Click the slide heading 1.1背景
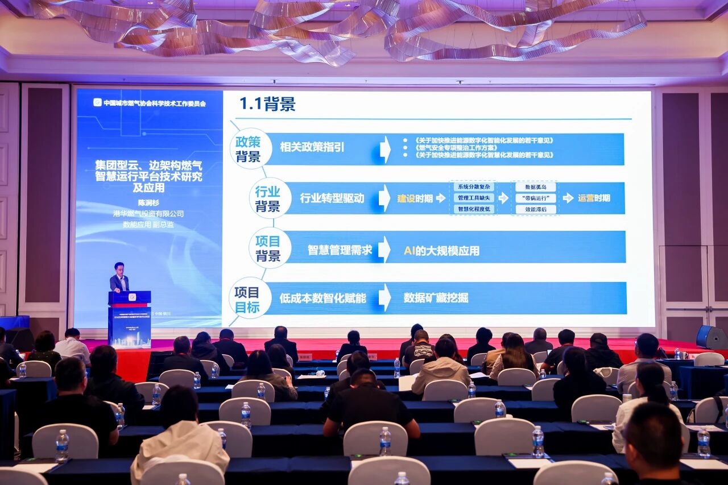click(x=267, y=104)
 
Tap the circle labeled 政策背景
click(x=248, y=149)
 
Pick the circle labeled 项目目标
click(x=247, y=300)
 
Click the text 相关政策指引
click(x=312, y=148)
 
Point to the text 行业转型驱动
click(x=332, y=198)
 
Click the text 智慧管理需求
click(x=340, y=250)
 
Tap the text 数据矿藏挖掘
click(x=436, y=297)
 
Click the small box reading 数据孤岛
click(x=535, y=187)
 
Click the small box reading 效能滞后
click(x=535, y=209)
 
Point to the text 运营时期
click(x=594, y=198)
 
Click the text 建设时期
click(x=415, y=198)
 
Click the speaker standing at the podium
click(x=119, y=278)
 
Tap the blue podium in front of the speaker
click(x=130, y=318)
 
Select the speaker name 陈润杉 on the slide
click(x=149, y=202)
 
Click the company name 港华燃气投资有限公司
click(x=148, y=214)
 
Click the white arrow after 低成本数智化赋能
click(x=385, y=297)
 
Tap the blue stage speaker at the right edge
click(x=711, y=337)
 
